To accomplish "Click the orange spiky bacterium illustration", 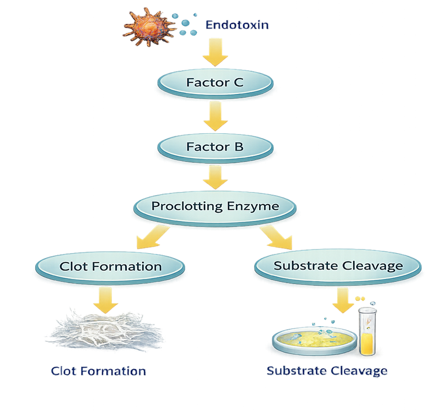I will [144, 26].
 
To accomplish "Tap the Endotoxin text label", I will [237, 25].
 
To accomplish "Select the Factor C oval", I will [214, 84].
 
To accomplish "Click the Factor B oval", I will [214, 147].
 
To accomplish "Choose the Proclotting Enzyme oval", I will [214, 207].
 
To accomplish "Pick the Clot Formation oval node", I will [110, 267].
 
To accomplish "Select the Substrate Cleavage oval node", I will [338, 266].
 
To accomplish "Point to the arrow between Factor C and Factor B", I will [214, 116].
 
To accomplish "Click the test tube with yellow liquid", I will [365, 331].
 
